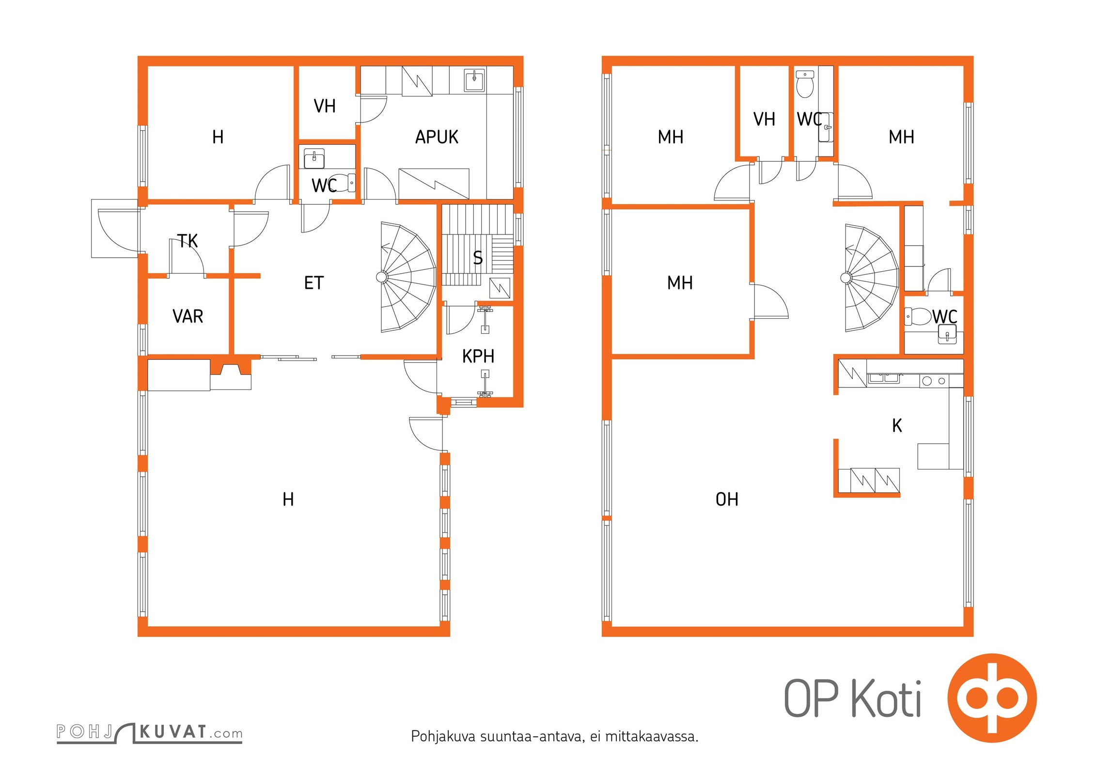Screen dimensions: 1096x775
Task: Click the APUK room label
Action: [437, 137]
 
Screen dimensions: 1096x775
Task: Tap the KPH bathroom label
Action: [478, 356]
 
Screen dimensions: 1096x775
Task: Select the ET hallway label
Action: [313, 283]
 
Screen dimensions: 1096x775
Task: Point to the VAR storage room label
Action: [188, 316]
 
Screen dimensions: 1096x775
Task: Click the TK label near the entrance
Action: [188, 241]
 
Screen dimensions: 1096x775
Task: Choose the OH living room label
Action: [727, 499]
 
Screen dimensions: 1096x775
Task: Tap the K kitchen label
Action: [897, 426]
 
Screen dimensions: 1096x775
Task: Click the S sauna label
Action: [478, 258]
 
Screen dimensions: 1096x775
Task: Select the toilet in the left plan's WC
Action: [345, 183]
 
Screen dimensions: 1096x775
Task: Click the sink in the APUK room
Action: [474, 80]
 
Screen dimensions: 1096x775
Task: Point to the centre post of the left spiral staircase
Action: [382, 277]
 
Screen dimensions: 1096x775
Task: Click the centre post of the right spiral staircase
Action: [846, 278]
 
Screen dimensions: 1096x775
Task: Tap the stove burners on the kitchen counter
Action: [934, 381]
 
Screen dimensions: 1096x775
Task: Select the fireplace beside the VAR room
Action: [231, 374]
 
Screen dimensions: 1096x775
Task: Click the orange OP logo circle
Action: [992, 698]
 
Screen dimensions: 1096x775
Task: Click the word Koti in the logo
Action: [886, 698]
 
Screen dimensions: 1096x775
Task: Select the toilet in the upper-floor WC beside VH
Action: [805, 84]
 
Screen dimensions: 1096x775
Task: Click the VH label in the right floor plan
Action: [764, 119]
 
